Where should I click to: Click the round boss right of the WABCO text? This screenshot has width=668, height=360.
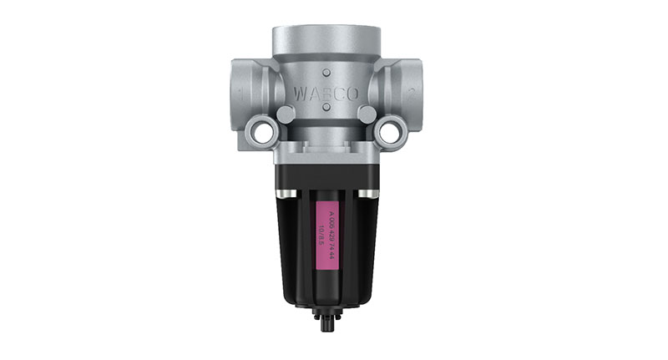click(x=367, y=114)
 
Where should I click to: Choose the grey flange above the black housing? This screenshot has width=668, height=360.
click(x=325, y=152)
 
